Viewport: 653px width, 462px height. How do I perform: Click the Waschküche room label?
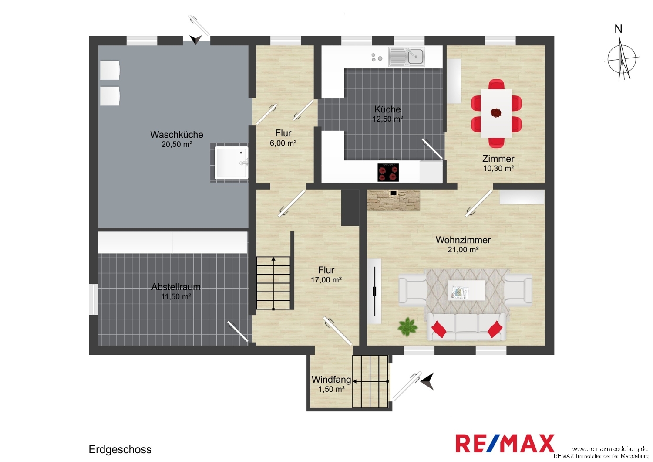pos(177,135)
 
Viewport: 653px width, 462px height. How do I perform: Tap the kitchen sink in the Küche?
pos(406,57)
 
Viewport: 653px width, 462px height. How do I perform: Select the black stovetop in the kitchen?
pos(388,172)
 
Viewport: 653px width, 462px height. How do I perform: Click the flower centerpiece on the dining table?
pos(495,112)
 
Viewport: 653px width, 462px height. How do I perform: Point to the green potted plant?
pos(407,327)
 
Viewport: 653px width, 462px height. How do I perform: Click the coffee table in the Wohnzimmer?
pos(466,290)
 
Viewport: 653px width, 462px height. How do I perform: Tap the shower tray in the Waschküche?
pos(232,163)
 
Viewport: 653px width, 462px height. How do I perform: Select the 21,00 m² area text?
pos(463,250)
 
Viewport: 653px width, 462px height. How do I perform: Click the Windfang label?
pos(331,379)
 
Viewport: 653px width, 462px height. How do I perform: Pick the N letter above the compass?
pos(618,29)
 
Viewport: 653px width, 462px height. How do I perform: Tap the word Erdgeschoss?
pos(120,449)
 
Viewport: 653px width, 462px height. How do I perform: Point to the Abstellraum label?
pos(176,287)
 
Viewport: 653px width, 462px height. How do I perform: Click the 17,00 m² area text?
pos(326,280)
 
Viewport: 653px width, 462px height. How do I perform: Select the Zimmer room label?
pos(498,159)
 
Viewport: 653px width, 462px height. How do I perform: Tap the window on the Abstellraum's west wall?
pos(93,299)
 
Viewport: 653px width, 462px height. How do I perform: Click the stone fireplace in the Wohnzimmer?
pos(393,200)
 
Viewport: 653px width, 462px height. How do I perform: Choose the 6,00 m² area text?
pos(283,143)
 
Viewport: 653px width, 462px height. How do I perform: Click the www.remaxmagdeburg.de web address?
pos(610,449)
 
